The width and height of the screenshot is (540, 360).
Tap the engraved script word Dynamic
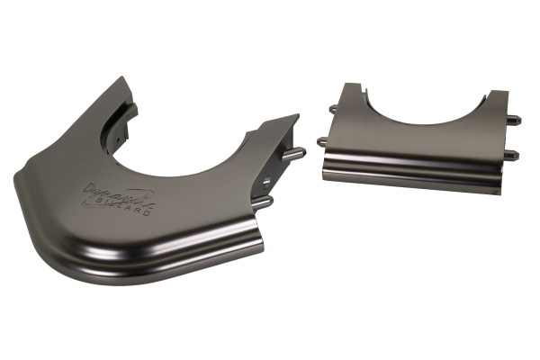[112, 192]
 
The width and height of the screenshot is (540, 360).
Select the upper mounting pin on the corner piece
[295, 153]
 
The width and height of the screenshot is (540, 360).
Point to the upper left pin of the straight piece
[333, 109]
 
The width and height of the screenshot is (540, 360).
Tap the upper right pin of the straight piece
[517, 116]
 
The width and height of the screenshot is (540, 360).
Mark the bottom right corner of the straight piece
[499, 192]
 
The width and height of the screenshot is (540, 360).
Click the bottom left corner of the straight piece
[325, 175]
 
